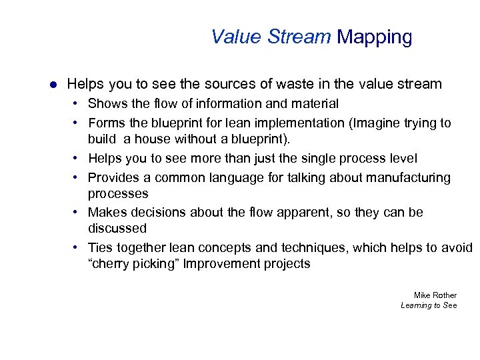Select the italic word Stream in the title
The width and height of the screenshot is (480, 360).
tap(299, 37)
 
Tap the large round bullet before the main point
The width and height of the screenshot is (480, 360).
tap(52, 85)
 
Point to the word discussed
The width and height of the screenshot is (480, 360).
tap(117, 229)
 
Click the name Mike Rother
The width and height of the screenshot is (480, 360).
tap(435, 295)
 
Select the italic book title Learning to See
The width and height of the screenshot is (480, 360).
tap(429, 305)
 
